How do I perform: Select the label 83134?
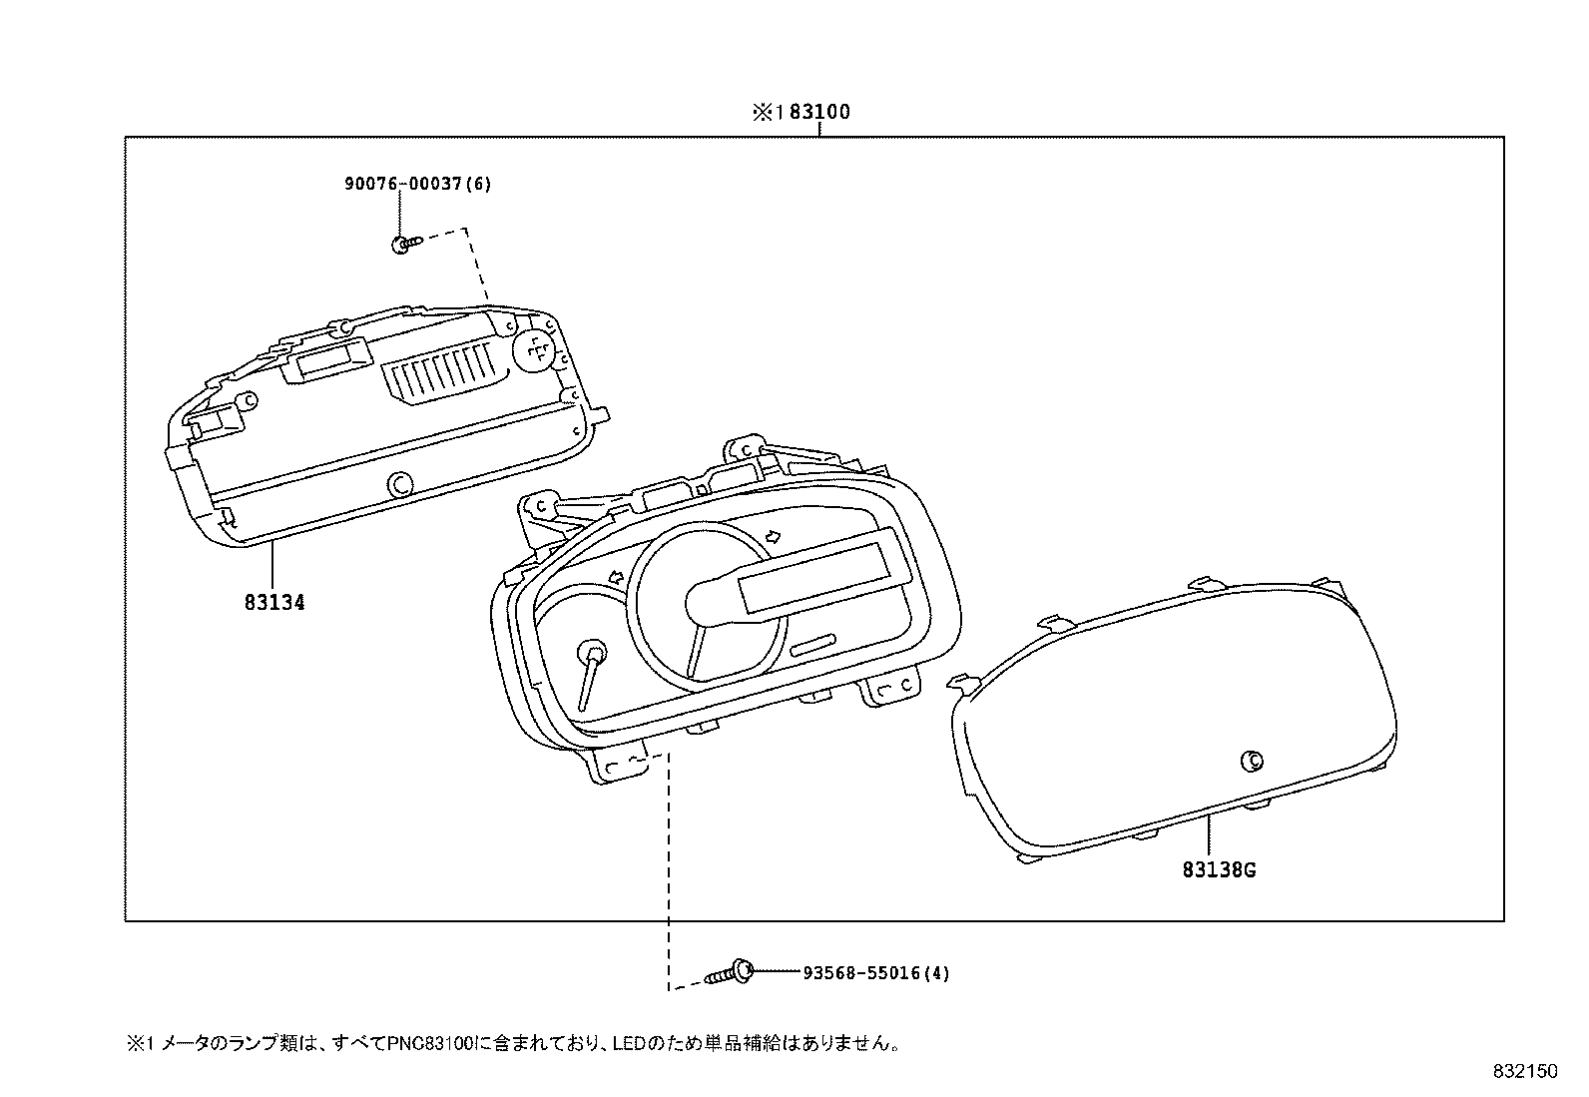(x=273, y=602)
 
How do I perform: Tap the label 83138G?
(x=1219, y=869)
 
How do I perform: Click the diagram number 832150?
(x=1525, y=1071)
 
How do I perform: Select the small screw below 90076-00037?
(x=407, y=243)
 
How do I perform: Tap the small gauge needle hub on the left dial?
(x=593, y=651)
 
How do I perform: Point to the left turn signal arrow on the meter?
(x=616, y=577)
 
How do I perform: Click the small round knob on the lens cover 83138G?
(x=1249, y=761)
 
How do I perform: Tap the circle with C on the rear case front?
(x=399, y=483)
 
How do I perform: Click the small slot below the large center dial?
(x=815, y=643)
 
